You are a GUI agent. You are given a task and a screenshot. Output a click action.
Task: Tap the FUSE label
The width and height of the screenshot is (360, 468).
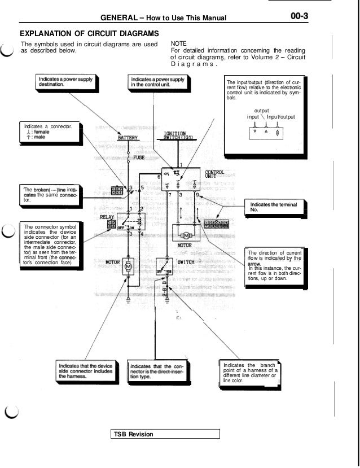[139, 158]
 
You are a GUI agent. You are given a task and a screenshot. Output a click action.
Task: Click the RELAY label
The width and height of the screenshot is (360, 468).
[107, 216]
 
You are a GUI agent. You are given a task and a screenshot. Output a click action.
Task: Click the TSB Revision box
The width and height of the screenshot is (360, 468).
[165, 434]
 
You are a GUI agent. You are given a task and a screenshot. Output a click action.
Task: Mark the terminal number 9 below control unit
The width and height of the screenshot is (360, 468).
[197, 195]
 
